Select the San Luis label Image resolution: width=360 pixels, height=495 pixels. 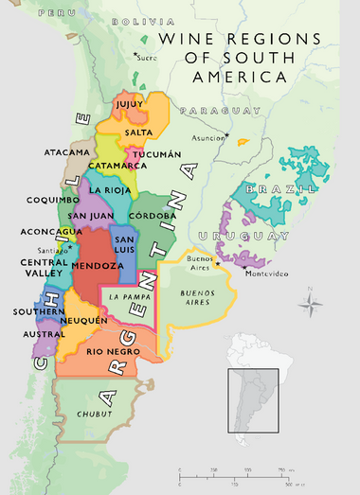pyautogui.click(x=126, y=243)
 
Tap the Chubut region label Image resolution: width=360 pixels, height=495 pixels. pyautogui.click(x=97, y=415)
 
